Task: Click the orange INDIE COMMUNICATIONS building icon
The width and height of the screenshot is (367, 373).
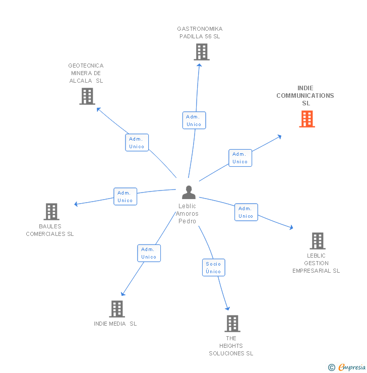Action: click(x=307, y=119)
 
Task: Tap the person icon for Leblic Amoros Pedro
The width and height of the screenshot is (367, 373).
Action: click(x=189, y=193)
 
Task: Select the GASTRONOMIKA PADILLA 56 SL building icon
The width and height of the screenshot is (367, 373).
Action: click(x=201, y=52)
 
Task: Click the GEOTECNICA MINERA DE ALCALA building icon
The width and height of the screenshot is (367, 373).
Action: click(x=87, y=96)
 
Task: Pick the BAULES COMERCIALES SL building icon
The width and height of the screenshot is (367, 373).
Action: click(x=51, y=212)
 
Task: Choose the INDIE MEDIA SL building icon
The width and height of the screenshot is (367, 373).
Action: click(x=116, y=309)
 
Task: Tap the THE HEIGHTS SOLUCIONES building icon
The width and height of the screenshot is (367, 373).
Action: click(x=232, y=324)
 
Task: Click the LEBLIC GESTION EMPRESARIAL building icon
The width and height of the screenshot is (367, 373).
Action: click(x=317, y=241)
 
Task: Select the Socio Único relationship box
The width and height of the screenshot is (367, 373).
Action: click(x=213, y=268)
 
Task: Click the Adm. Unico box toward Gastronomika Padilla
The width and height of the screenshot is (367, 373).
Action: click(x=194, y=120)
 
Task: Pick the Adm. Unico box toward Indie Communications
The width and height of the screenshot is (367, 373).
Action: click(x=240, y=158)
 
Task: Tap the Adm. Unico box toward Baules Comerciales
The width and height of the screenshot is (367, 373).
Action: click(x=125, y=197)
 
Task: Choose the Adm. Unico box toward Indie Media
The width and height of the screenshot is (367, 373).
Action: click(x=149, y=253)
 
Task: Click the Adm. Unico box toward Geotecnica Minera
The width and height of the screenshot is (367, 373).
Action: click(x=137, y=143)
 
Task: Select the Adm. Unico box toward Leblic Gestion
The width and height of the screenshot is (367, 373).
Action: click(x=246, y=212)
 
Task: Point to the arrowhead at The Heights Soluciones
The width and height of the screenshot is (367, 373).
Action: click(x=228, y=308)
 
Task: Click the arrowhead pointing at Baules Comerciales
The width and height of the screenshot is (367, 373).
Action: click(x=76, y=204)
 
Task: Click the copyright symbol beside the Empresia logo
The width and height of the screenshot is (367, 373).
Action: click(x=332, y=367)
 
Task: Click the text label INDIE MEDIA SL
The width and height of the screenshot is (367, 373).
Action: click(x=115, y=324)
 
